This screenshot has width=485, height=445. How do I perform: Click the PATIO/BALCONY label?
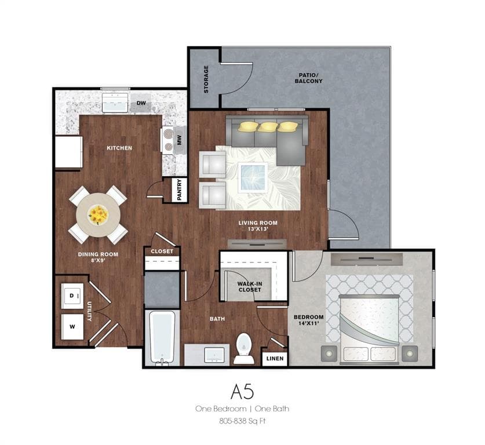pyautogui.click(x=308, y=78)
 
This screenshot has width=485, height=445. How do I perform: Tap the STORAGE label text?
pyautogui.click(x=206, y=79)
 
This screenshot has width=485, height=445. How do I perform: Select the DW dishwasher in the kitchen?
pyautogui.click(x=141, y=103)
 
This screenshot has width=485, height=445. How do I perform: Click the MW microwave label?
pyautogui.click(x=180, y=140)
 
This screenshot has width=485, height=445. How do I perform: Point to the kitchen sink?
pyautogui.click(x=115, y=103)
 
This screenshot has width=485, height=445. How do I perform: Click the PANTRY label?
pyautogui.click(x=180, y=190)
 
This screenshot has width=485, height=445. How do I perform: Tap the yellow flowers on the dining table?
pyautogui.click(x=99, y=215)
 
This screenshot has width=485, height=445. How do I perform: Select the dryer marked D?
pyautogui.click(x=72, y=296)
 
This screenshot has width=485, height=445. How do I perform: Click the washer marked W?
pyautogui.click(x=72, y=327)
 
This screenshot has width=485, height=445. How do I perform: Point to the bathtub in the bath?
pyautogui.click(x=162, y=338)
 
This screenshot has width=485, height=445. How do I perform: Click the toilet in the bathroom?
pyautogui.click(x=244, y=348)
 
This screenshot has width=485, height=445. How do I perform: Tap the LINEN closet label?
pyautogui.click(x=275, y=359)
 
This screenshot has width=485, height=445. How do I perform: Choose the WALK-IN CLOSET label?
pyautogui.click(x=249, y=287)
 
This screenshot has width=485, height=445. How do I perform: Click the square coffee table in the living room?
pyautogui.click(x=253, y=177)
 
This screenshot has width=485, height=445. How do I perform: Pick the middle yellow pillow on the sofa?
pyautogui.click(x=268, y=126)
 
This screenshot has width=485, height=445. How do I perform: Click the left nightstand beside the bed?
pyautogui.click(x=329, y=353)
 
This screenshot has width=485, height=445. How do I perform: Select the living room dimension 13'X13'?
pyautogui.click(x=257, y=229)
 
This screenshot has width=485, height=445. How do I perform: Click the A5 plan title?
pyautogui.click(x=242, y=392)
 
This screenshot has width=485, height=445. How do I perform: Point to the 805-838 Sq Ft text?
pyautogui.click(x=242, y=421)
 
